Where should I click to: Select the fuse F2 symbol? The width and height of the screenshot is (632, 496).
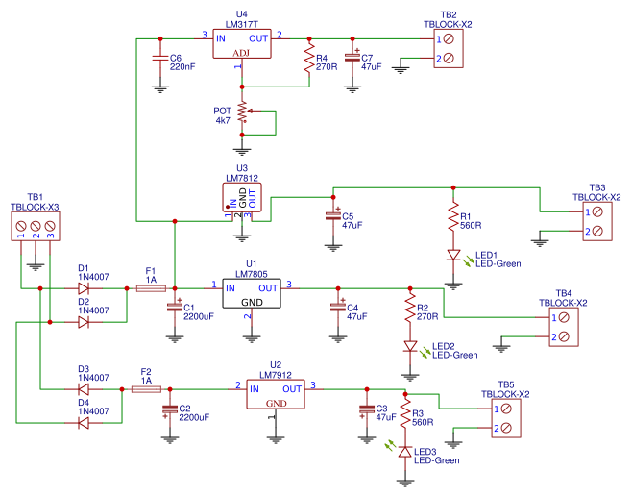146,388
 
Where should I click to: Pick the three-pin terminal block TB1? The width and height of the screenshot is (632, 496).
36,226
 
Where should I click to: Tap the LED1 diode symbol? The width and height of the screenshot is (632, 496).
452,257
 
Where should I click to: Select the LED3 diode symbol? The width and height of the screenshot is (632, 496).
405,451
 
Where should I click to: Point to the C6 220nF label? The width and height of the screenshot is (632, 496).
182,63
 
